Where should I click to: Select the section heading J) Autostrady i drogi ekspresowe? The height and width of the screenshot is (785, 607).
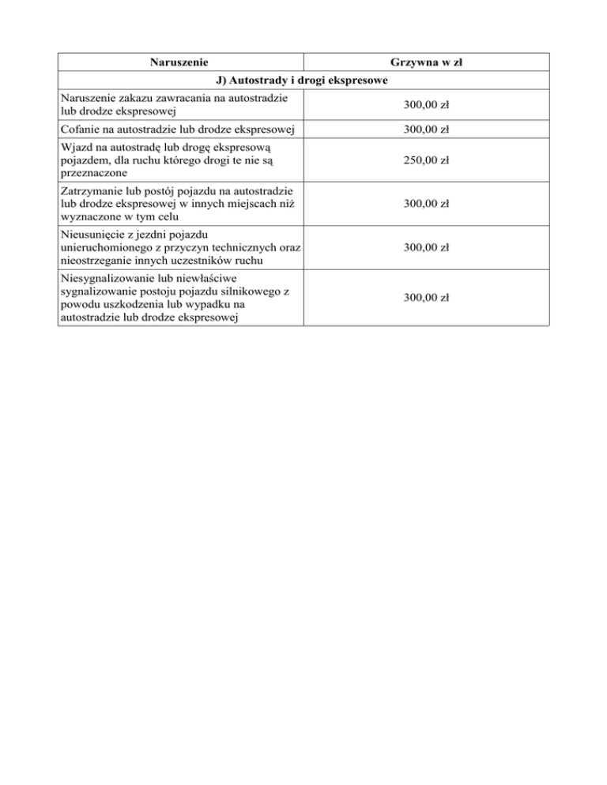click(x=303, y=80)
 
